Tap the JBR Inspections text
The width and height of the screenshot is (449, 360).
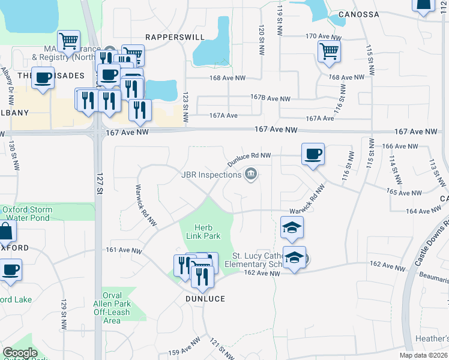pos(211,175)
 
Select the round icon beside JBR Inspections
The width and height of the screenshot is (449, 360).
pos(252,175)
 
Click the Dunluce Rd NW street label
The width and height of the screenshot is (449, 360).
pos(249,159)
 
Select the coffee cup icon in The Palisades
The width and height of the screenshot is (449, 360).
pos(43,79)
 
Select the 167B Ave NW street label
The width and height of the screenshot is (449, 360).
pos(270,98)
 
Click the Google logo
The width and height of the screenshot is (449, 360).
pos(20,353)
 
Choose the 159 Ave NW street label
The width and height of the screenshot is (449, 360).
pos(183,347)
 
